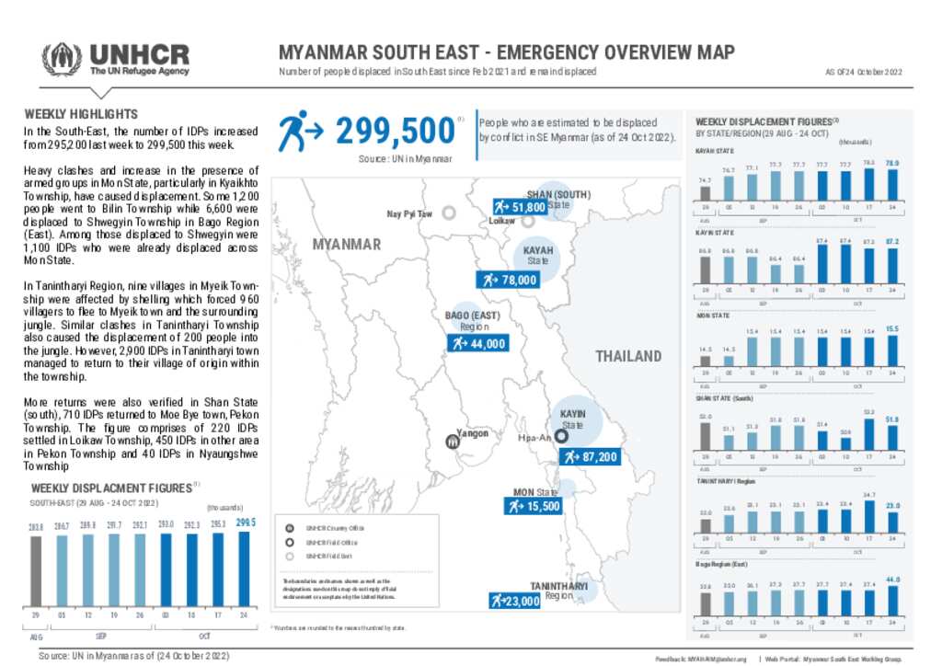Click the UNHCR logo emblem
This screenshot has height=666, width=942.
point(60,60)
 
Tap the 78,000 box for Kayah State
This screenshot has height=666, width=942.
point(507,280)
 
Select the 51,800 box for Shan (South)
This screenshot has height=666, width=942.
point(521,207)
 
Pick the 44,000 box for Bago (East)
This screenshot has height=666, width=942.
point(477,343)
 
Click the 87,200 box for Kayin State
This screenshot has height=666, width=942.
point(589,456)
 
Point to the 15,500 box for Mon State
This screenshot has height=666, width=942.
point(533,506)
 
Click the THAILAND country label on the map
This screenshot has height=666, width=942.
point(628,356)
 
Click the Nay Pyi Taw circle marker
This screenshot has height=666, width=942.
point(449,213)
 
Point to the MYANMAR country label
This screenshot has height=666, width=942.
point(346,245)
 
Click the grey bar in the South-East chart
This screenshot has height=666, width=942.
point(37,570)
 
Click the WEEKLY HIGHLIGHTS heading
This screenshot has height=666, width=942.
point(81,114)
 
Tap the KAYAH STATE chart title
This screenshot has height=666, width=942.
point(714,150)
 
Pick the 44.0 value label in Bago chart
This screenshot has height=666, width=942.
point(891,580)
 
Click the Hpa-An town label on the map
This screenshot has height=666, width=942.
point(534,438)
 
